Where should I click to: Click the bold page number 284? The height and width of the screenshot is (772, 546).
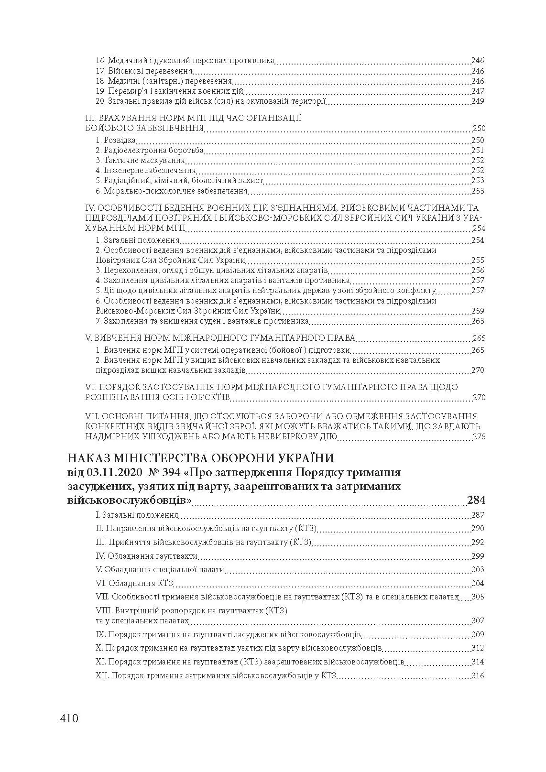point(476,500)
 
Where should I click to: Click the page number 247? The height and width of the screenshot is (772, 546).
point(478,91)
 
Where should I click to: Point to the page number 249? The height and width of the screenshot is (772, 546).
point(478,101)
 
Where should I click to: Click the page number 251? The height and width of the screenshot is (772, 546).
point(478,151)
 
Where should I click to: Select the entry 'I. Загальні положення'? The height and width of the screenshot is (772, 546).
point(137,515)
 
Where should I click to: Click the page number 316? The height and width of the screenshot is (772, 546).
point(478,675)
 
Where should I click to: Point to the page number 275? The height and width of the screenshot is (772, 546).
point(479,437)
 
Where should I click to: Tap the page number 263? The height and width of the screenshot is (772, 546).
point(478,321)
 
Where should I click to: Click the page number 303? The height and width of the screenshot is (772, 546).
point(478,569)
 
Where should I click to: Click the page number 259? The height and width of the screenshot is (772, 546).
point(478,311)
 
